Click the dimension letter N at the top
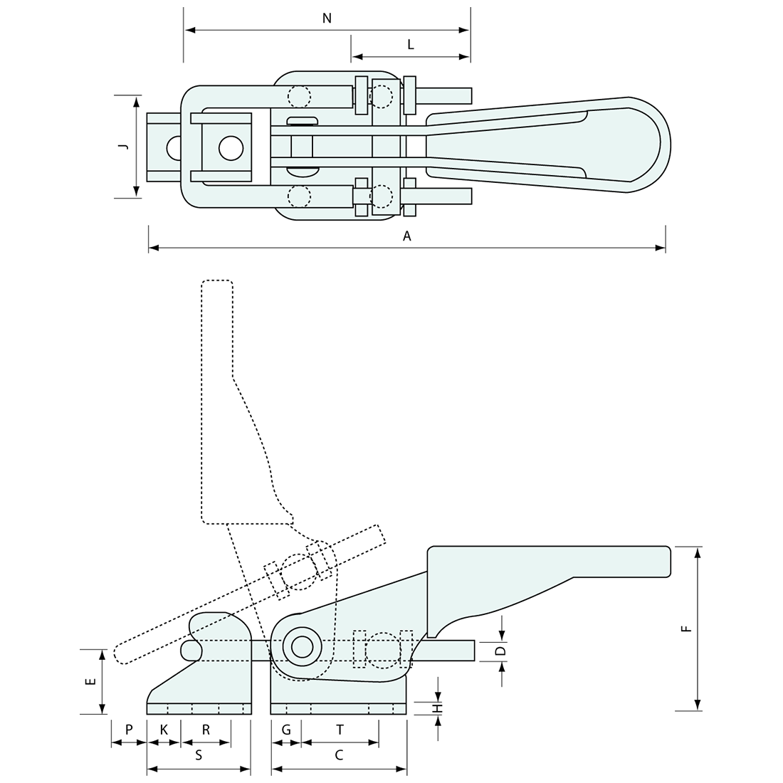[327, 19]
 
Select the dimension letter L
[411, 44]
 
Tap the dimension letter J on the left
[123, 146]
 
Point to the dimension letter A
[407, 236]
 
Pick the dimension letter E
[90, 681]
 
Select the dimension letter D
[500, 650]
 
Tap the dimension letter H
[439, 708]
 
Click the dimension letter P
[129, 730]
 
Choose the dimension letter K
[164, 730]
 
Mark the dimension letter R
[206, 730]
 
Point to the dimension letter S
[199, 756]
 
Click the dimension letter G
[286, 730]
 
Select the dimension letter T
[340, 730]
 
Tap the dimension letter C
[339, 756]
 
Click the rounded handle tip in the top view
[658, 145]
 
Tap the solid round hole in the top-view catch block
[231, 148]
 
